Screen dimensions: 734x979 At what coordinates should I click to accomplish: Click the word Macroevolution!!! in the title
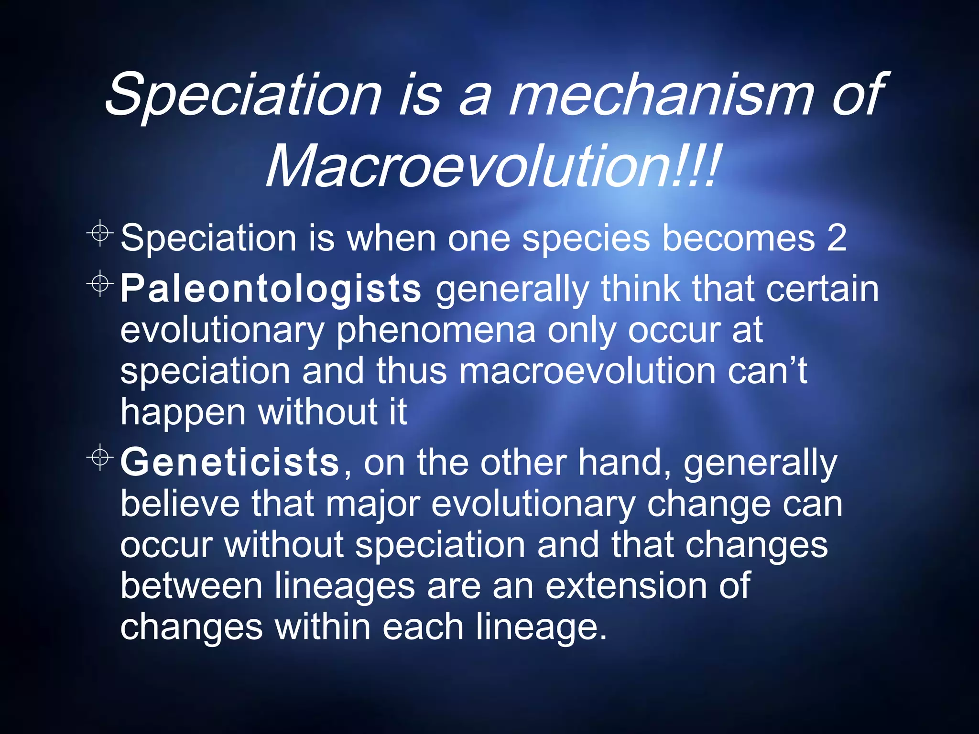click(x=492, y=166)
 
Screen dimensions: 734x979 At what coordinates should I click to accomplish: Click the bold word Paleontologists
click(x=271, y=289)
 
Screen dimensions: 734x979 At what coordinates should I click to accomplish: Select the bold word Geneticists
click(x=230, y=462)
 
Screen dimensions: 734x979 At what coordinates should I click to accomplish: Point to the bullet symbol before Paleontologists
click(x=100, y=284)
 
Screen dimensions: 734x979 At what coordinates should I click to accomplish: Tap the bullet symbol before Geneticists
click(x=100, y=457)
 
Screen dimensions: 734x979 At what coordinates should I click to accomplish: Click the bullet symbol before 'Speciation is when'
click(x=100, y=233)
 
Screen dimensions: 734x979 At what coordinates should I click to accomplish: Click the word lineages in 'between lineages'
click(x=344, y=586)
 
